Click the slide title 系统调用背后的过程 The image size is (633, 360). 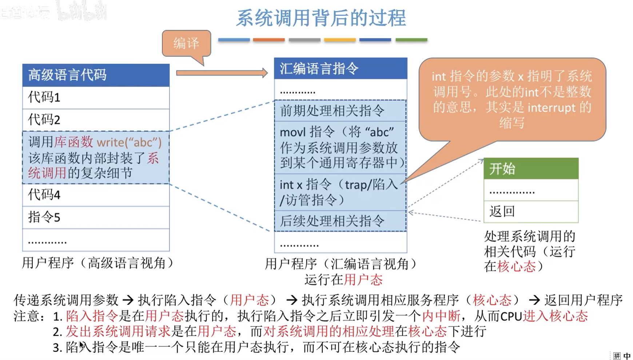(x=321, y=18)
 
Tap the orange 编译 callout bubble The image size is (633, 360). (x=186, y=43)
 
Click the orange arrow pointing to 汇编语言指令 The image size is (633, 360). (x=222, y=73)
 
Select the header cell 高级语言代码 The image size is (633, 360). (x=96, y=75)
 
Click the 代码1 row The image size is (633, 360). (x=96, y=97)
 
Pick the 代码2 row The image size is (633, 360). (x=96, y=120)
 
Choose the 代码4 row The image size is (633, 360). (x=96, y=195)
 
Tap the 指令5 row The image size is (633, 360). (x=96, y=217)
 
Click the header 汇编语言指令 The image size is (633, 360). (x=340, y=68)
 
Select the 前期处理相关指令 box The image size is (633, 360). (x=340, y=111)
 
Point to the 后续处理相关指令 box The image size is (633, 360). (x=340, y=221)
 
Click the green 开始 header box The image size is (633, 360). (x=531, y=169)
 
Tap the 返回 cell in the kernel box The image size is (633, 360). (x=531, y=211)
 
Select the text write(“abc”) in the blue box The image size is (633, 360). (x=129, y=142)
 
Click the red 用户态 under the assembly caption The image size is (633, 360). (x=363, y=280)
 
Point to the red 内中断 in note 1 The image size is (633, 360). (x=441, y=316)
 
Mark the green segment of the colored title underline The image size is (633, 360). (x=411, y=40)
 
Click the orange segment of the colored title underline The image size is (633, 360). (x=269, y=40)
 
